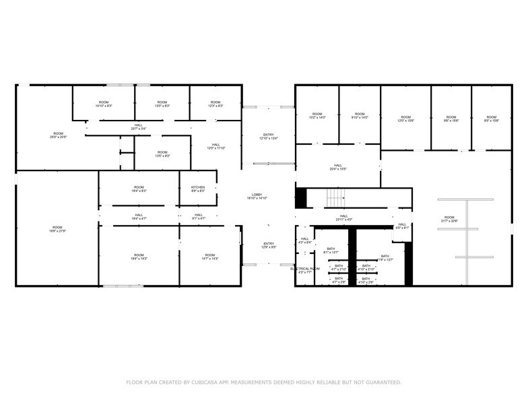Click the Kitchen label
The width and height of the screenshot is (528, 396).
198,189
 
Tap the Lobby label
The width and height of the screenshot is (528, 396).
257,196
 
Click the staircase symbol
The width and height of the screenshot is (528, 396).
335,198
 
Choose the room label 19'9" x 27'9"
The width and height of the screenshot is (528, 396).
58,229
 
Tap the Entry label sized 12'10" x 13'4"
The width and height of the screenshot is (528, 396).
268,137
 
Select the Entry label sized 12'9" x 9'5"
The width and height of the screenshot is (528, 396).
268,245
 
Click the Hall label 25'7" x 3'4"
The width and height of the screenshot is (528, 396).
138,126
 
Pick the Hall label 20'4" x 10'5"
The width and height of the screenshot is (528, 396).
338,167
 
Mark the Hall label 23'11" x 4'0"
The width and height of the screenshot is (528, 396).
344,218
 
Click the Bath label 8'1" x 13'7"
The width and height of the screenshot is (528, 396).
331,251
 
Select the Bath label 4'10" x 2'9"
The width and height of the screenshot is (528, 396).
366,280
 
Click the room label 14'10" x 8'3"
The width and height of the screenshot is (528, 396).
104,104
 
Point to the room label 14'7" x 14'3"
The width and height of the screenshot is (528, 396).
210,257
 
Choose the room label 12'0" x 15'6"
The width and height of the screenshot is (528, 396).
405,119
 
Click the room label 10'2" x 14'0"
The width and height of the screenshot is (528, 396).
317,116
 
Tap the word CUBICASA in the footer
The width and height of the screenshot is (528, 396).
201,382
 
